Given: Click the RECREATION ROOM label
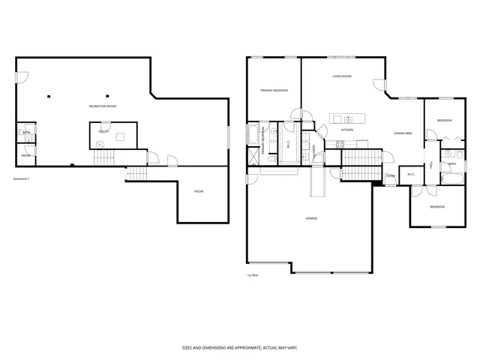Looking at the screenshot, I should click(x=103, y=106).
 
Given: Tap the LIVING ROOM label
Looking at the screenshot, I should click(x=343, y=76).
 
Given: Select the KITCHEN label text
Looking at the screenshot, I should click(x=347, y=130).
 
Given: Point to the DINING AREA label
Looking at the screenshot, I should click(x=403, y=133).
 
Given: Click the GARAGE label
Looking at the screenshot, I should click(x=311, y=218).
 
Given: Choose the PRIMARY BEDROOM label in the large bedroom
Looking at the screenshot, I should click(x=274, y=90).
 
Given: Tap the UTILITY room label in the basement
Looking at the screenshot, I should click(x=103, y=131).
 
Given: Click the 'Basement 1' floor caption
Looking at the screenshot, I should click(x=22, y=178).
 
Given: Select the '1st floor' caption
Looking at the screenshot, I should click(x=253, y=275).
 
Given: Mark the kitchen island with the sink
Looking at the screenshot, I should click(x=347, y=118).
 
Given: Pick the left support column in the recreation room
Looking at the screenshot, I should click(x=48, y=95).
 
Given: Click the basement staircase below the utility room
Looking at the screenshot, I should click(x=103, y=157).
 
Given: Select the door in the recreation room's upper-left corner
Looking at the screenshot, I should click(x=22, y=75).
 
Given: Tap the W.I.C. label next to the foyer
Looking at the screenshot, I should click(x=411, y=175).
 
